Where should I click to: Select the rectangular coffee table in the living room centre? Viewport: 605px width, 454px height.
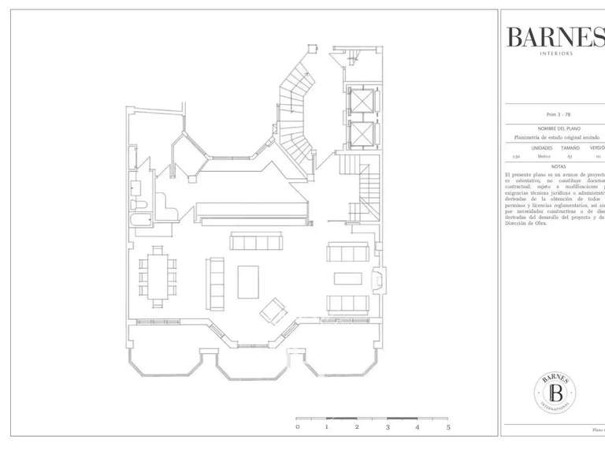[x=248, y=281]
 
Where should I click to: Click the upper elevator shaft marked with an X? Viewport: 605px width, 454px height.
[x=360, y=102]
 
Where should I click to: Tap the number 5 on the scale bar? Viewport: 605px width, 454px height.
[x=447, y=427]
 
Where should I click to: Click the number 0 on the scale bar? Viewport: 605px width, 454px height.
[x=297, y=427]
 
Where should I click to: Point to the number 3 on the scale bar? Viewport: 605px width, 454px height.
[x=388, y=427]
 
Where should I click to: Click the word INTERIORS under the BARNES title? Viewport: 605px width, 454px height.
[x=556, y=54]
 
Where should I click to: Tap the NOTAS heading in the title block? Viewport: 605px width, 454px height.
[x=559, y=166]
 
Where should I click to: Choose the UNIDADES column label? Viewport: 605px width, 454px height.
[x=542, y=147]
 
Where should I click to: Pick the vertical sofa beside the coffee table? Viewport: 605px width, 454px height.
[x=215, y=283]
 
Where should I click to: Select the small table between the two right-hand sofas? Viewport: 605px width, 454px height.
[x=347, y=278]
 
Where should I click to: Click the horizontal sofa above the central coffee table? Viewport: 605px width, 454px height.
[x=255, y=240]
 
